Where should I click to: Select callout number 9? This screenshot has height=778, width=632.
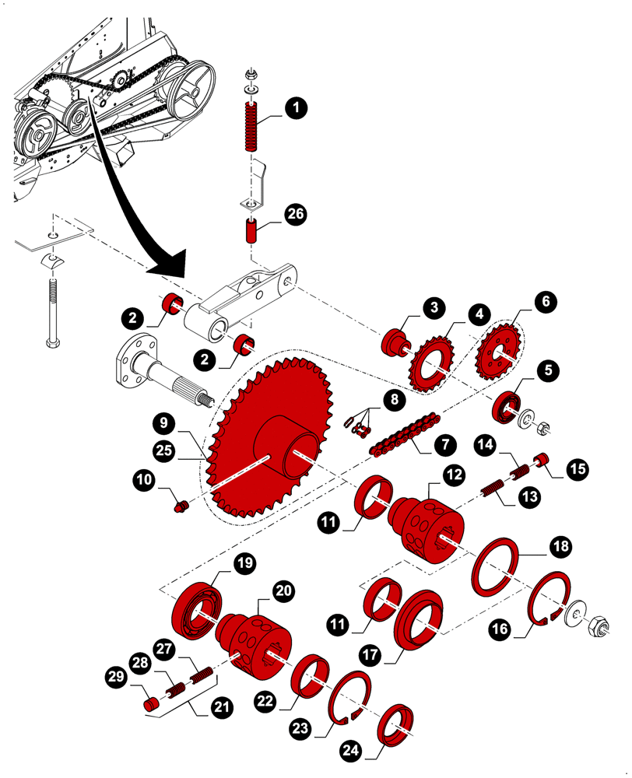point(164,424)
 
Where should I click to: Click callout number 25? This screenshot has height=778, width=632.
point(164,450)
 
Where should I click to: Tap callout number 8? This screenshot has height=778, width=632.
point(395,400)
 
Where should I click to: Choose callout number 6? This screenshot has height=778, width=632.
point(546,300)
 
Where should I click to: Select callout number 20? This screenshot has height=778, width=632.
point(284,591)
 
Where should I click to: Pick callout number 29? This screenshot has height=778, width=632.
point(117,678)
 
